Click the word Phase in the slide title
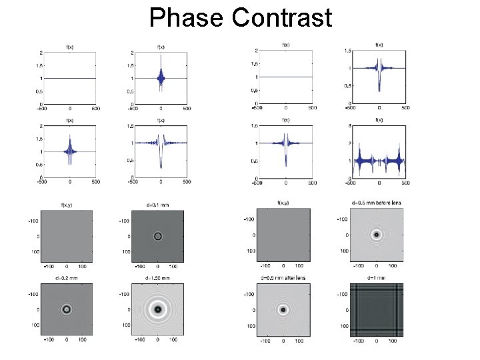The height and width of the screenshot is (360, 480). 186,17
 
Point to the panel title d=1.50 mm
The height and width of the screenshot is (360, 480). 158,277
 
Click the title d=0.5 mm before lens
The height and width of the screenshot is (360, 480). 377,202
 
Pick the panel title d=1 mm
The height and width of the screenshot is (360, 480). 377,277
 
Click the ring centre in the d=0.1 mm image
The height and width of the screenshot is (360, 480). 158,236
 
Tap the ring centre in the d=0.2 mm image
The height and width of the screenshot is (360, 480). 67,309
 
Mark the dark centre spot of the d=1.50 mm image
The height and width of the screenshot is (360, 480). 158,309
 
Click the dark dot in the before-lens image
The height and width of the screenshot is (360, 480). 377,235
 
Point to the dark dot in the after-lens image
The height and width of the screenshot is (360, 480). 284,309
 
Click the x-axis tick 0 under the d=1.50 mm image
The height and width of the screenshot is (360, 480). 158,340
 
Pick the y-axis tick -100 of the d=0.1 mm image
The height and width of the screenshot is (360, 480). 124,221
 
